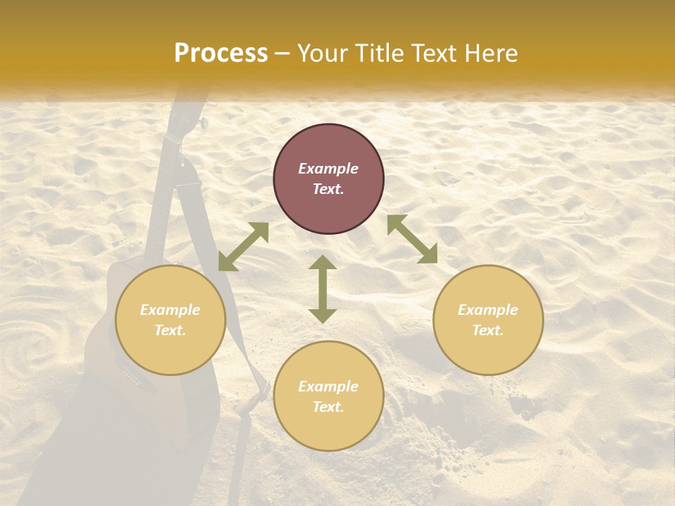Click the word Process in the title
click(x=221, y=53)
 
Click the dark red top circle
click(x=328, y=179)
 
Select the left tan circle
click(x=170, y=320)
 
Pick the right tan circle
click(x=488, y=320)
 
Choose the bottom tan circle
click(x=328, y=396)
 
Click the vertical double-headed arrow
click(x=323, y=289)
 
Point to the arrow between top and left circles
click(x=243, y=247)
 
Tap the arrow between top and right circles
click(x=412, y=239)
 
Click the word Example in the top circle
click(x=328, y=169)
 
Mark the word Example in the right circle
click(x=488, y=310)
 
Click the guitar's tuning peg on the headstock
click(x=204, y=124)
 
